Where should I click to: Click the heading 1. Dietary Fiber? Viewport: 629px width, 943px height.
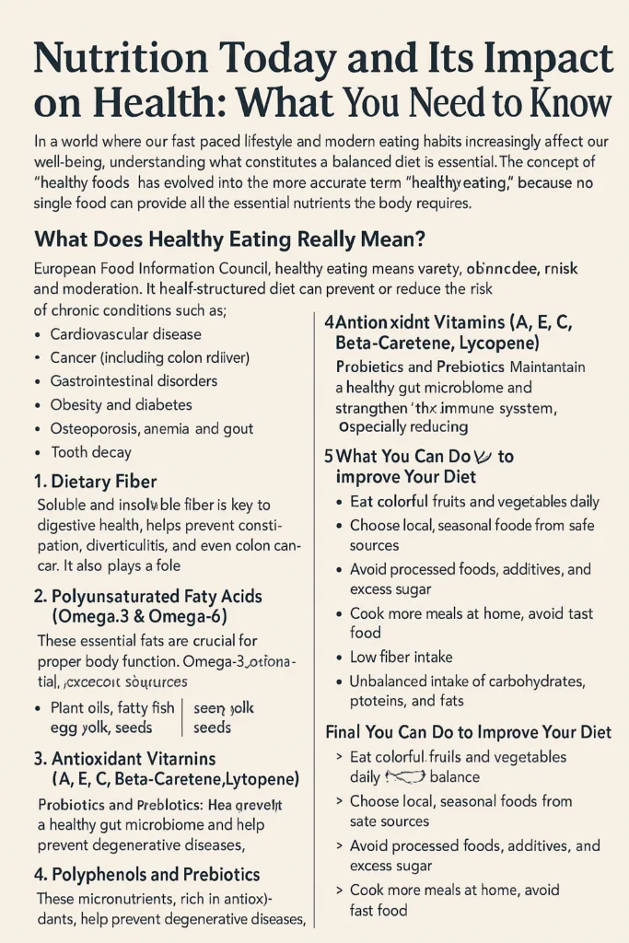pyautogui.click(x=95, y=481)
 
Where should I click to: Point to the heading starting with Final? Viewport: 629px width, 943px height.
pyautogui.click(x=469, y=733)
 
